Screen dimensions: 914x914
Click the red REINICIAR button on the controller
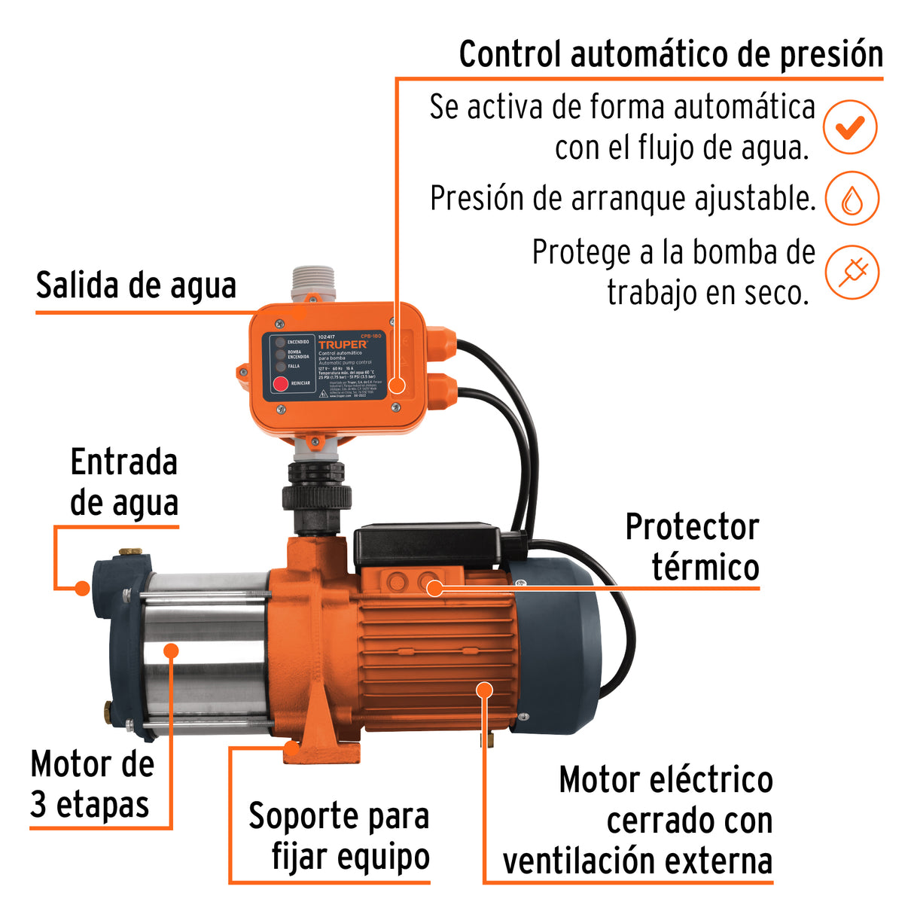[x=280, y=384]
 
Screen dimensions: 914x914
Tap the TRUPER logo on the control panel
[x=343, y=345]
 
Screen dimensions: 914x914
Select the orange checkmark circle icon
[x=850, y=127]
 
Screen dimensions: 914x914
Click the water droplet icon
[x=852, y=199]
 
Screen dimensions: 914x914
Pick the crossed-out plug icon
[x=852, y=272]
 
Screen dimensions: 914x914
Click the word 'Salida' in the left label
[x=78, y=286]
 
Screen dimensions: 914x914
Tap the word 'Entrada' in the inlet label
[x=123, y=462]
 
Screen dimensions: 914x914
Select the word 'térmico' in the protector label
[x=705, y=567]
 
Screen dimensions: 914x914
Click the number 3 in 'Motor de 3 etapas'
[x=38, y=805]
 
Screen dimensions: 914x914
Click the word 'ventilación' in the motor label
[x=580, y=861]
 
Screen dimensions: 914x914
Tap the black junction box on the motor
[x=427, y=546]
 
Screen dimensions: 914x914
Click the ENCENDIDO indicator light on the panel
[x=279, y=342]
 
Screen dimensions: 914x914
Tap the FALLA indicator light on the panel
[x=279, y=366]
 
